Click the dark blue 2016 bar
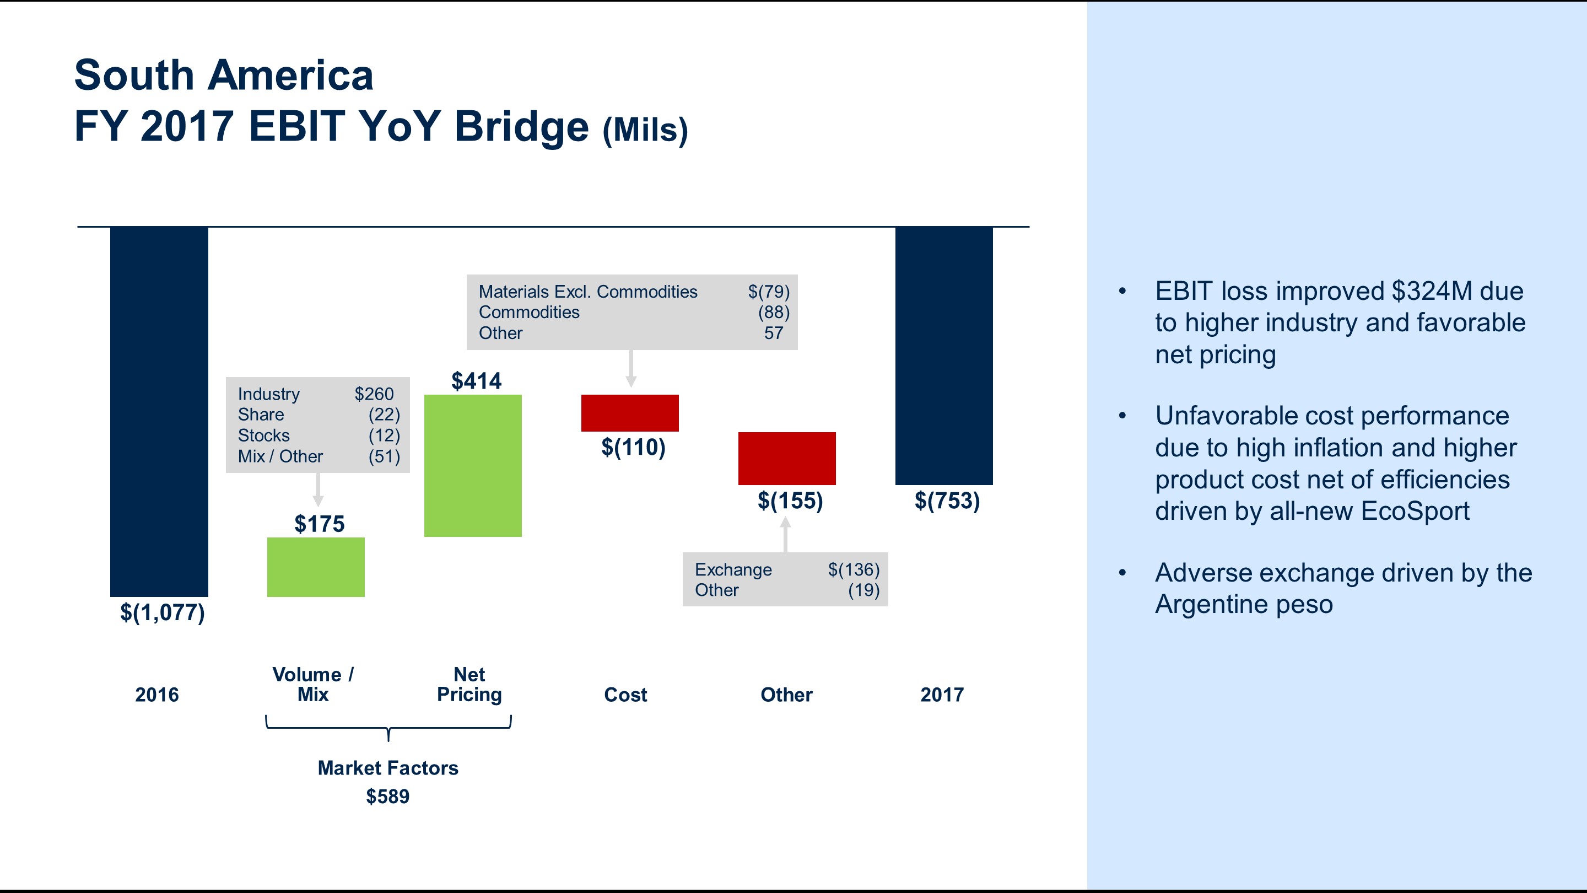click(159, 411)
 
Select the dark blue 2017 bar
click(944, 356)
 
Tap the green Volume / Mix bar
click(315, 567)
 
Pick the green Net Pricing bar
click(473, 465)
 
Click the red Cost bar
click(630, 413)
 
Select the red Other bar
click(787, 458)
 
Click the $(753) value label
click(947, 501)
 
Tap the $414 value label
click(476, 381)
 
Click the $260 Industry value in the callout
click(374, 394)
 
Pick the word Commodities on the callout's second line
click(528, 313)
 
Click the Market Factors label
click(387, 768)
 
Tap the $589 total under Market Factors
click(387, 796)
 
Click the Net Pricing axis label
click(469, 684)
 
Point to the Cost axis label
click(625, 695)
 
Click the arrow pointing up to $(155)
click(785, 534)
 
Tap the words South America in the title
click(224, 75)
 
